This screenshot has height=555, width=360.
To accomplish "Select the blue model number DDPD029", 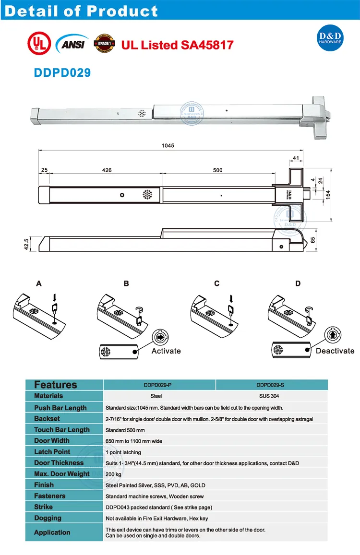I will point(62,72).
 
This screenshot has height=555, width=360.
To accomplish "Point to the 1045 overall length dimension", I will point(168,145).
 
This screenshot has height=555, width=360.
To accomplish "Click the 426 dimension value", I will point(107,170).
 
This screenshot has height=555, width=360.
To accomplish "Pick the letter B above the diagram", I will point(126,283).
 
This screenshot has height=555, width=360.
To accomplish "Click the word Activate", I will point(166,351).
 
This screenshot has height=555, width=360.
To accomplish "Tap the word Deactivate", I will point(335,351).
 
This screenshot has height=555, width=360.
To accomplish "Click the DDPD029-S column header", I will point(271,385).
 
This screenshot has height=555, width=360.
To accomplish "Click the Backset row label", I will point(47,419).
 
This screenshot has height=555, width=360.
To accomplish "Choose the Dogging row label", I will point(48,518).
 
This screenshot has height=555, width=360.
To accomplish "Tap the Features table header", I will point(56,385).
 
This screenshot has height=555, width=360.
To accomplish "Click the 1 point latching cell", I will point(123,452).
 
